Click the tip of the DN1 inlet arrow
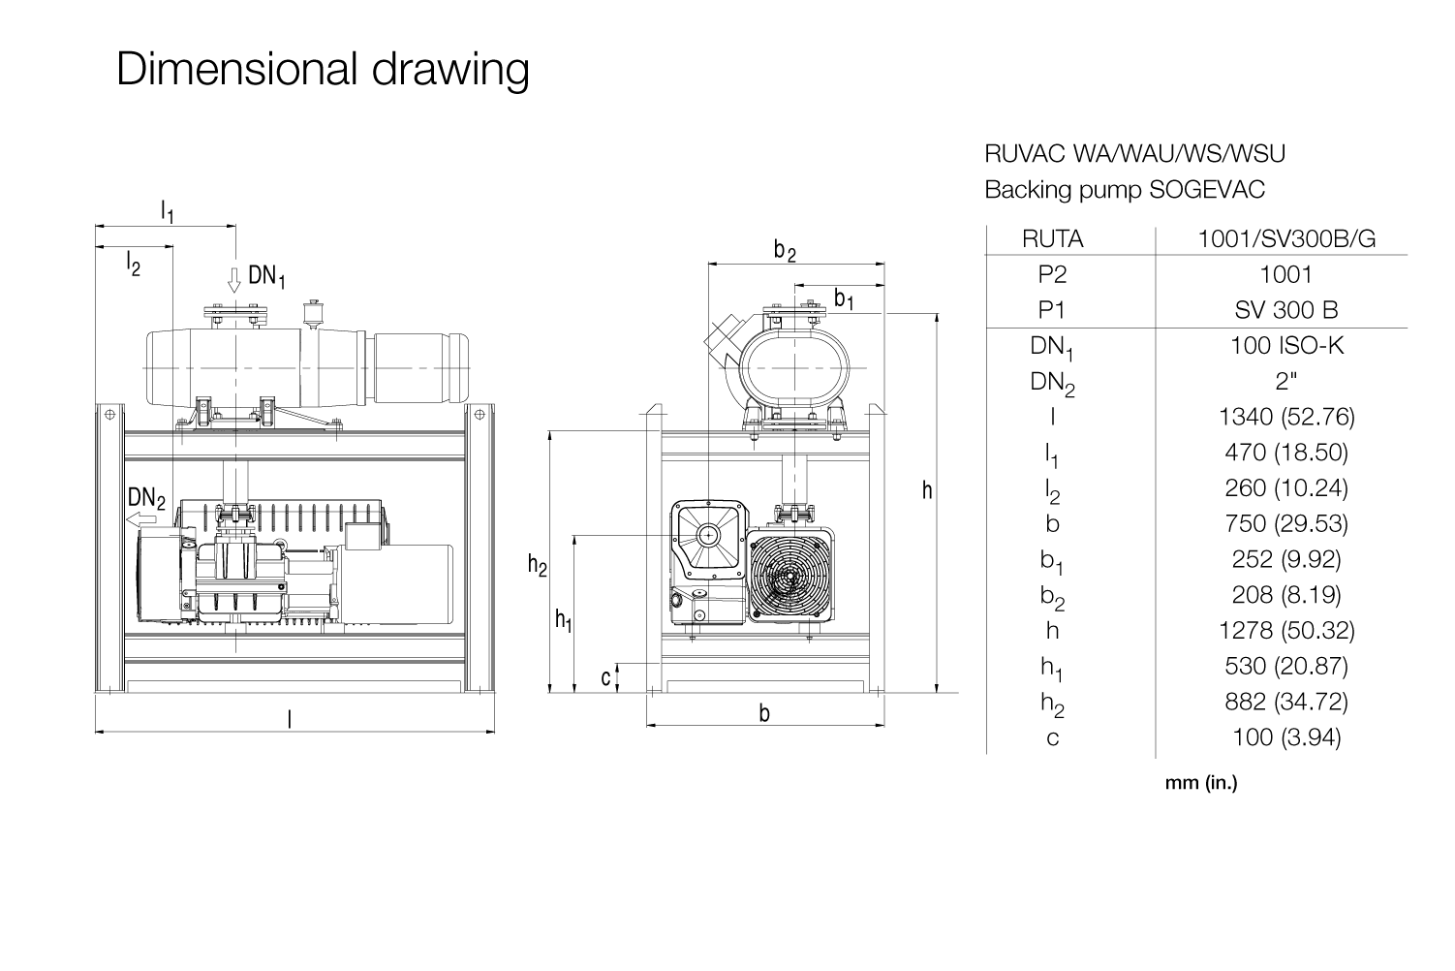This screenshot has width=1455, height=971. (233, 293)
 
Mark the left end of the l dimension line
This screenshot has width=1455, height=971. (96, 732)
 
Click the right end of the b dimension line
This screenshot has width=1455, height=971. (884, 724)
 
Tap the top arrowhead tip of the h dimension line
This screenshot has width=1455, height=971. (937, 314)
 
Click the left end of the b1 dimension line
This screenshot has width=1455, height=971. (794, 285)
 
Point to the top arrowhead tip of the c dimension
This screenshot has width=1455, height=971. (617, 664)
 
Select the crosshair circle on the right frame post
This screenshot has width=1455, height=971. (480, 414)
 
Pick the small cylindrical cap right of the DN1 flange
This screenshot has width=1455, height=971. (315, 314)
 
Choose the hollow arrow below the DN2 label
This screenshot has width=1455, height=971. (141, 520)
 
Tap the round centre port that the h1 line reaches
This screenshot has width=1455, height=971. (707, 536)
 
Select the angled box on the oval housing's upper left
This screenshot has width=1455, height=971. (722, 338)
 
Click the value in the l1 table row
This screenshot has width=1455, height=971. (1286, 452)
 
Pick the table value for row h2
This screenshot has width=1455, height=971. (1286, 702)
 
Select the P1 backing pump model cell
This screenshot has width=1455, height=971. (1286, 309)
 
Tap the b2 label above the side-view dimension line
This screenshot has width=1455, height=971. (785, 251)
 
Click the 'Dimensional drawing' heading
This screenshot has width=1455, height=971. (323, 70)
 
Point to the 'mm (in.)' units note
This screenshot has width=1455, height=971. (1201, 783)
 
